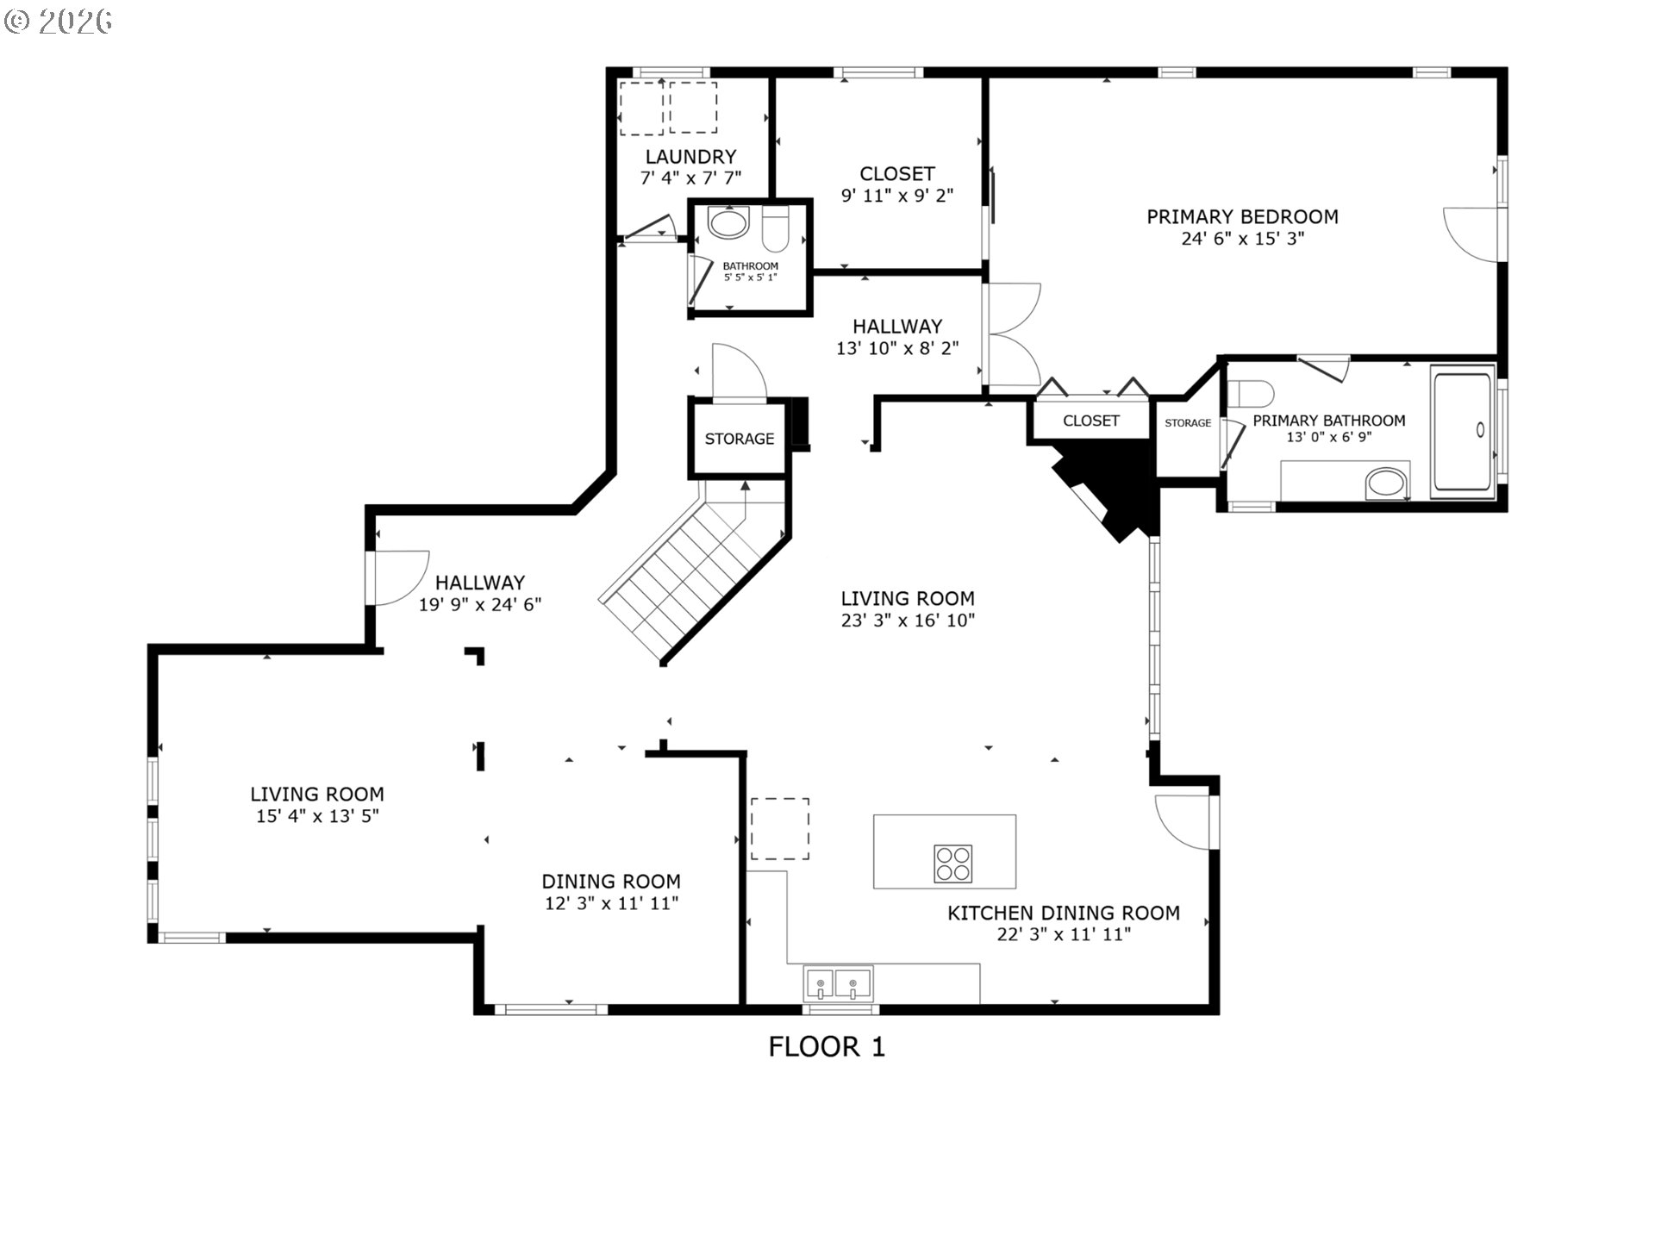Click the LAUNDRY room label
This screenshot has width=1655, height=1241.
pos(690,157)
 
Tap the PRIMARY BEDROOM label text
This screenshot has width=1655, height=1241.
pos(1242,216)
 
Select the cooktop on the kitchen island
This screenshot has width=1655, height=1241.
pos(952,864)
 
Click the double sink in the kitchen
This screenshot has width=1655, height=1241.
pos(838,983)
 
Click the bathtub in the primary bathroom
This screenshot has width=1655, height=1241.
pos(1463,433)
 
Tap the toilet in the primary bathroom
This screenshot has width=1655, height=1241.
pos(1250,394)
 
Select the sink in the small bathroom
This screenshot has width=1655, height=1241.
pos(728,223)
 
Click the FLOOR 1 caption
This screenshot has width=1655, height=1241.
pos(827,1047)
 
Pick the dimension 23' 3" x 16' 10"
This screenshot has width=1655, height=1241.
pos(908,620)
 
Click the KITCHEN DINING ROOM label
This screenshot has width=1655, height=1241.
pos(1064,913)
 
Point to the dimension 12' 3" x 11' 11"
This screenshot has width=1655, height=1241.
pos(611,903)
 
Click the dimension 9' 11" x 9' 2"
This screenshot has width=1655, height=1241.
pos(897,196)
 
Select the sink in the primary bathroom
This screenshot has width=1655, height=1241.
pos(1386,483)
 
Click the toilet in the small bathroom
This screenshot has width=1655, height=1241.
pos(776,225)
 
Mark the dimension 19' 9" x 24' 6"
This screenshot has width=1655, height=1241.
pos(480,605)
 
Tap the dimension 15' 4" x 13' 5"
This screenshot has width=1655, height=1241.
pos(317,816)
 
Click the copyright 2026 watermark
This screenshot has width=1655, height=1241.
pos(58,22)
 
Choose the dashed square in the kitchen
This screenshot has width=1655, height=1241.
pos(780,828)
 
